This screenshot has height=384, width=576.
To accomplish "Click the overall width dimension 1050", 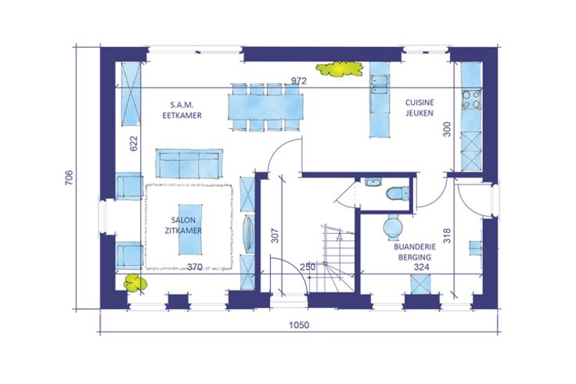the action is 299,325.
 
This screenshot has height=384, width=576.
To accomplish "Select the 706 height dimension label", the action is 69,178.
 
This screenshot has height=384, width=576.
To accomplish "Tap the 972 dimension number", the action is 299,81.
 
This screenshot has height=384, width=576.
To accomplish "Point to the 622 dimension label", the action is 133,143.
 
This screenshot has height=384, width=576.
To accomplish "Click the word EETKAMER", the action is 182,116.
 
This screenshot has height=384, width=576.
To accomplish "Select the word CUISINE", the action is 419,102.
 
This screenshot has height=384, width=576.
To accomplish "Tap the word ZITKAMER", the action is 183,231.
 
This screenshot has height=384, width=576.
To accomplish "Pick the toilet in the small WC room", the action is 398,193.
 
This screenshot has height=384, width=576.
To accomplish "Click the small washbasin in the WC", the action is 373,182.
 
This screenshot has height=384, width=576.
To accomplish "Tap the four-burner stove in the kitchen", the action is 472,99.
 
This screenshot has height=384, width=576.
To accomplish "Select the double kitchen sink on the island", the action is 380,84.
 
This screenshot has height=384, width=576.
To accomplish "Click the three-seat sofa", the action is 189,163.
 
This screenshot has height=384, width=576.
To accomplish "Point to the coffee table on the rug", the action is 190,229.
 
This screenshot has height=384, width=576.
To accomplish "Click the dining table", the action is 266,107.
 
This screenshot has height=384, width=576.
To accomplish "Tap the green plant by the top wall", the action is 340,69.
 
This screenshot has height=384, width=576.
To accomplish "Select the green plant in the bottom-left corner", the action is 135,283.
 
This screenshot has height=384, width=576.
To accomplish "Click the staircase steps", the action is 338,258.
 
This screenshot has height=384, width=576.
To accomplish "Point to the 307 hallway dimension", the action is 275,235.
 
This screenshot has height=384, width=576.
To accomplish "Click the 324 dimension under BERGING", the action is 421,267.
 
